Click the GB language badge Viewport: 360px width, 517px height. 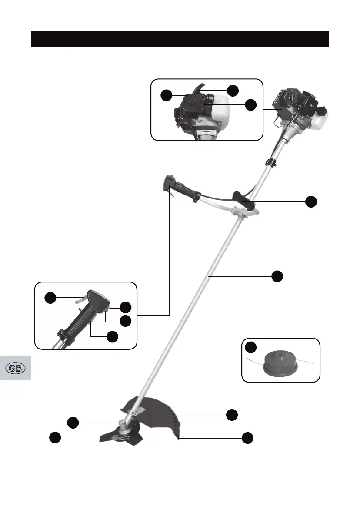click(x=16, y=368)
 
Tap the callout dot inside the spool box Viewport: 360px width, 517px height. click(x=250, y=347)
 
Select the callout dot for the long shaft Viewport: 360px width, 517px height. click(x=277, y=276)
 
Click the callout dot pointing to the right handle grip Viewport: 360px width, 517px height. click(x=310, y=201)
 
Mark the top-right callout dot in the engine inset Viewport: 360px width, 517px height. click(x=233, y=90)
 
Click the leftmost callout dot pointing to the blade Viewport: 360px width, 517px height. click(x=55, y=437)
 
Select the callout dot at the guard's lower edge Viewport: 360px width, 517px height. click(x=247, y=438)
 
